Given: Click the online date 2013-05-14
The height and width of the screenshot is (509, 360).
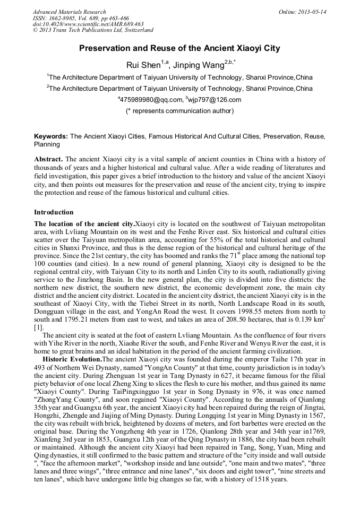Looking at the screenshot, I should coord(314,12).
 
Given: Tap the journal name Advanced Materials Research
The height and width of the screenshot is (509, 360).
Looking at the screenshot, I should coord(69,12).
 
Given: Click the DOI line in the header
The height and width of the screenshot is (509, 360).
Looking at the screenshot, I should coord(88,24).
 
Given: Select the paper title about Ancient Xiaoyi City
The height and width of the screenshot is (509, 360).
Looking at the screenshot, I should coord(179,48).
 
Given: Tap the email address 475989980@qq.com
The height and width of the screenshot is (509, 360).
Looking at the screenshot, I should coord(150,99).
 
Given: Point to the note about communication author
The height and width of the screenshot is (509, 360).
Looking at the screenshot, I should coord(179,111).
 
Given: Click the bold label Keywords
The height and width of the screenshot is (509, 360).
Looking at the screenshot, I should coord(50,136).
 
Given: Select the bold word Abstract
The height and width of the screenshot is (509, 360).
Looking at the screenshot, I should coord(48,159).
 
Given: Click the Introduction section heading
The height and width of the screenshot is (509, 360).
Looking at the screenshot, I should coord(54,212).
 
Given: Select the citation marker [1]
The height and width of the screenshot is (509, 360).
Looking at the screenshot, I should coord(38,327).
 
